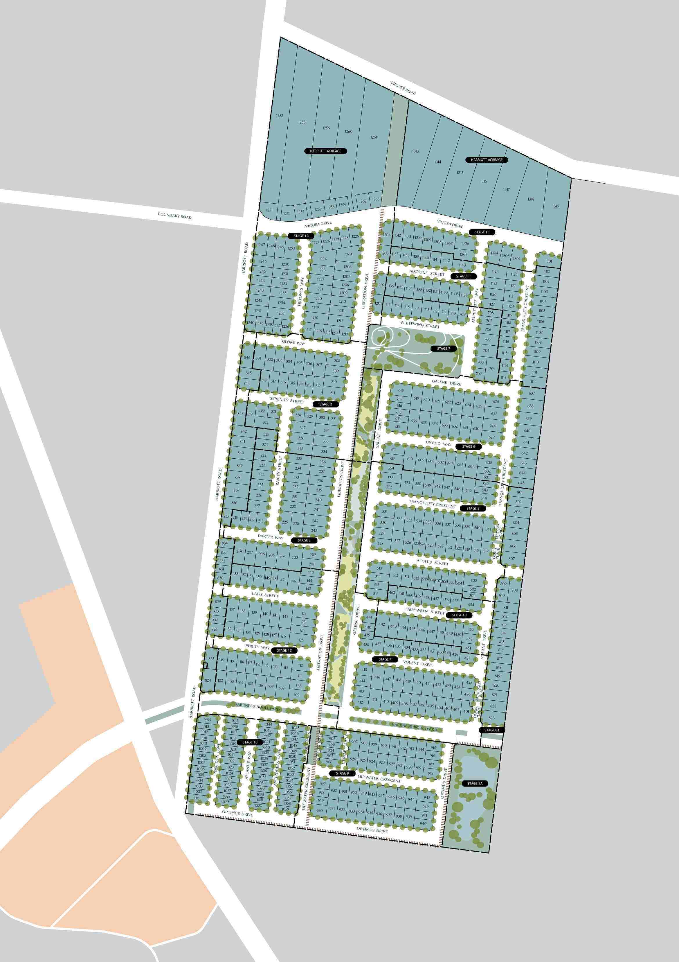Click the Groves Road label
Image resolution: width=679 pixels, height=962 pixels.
(x=403, y=88)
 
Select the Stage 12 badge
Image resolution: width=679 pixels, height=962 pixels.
(x=301, y=236)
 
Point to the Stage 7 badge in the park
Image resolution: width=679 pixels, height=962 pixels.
(x=444, y=349)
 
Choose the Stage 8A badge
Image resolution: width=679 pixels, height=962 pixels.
(x=492, y=730)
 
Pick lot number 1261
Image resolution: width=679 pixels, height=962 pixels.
(x=374, y=137)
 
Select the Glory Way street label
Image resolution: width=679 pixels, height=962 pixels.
(x=293, y=342)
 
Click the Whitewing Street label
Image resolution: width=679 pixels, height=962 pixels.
(x=420, y=325)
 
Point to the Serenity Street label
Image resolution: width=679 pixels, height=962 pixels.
(x=287, y=400)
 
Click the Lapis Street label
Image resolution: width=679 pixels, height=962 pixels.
(x=265, y=595)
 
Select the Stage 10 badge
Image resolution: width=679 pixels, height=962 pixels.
(x=250, y=742)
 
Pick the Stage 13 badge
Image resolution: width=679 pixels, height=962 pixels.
(x=482, y=232)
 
